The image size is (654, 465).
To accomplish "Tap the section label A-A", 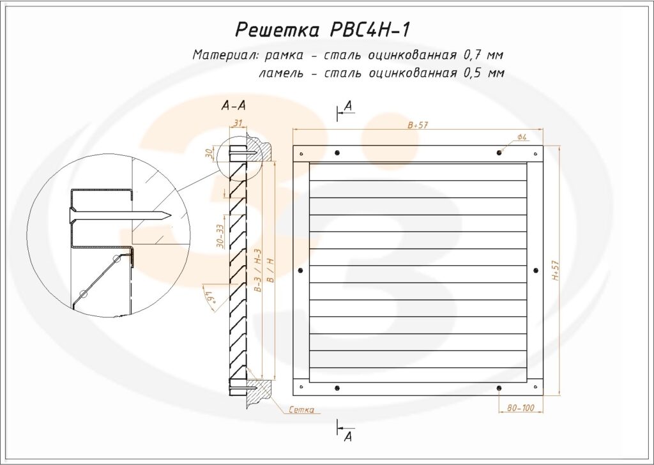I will point(233,106).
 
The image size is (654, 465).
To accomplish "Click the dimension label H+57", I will point(556,270).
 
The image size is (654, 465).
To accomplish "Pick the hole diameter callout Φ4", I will point(521,137).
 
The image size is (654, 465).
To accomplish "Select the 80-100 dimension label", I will point(521,408).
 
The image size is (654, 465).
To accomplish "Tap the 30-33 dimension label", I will point(220,236).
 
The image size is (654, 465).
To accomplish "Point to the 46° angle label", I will point(209,297).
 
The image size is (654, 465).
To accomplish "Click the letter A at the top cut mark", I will point(348,105).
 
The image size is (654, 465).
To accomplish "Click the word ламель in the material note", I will point(280,73).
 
